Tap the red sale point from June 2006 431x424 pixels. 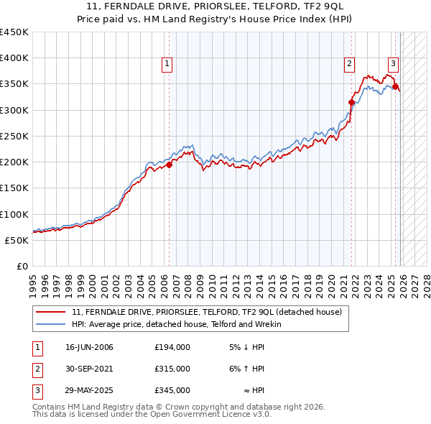170,165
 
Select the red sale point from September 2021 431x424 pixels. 352,102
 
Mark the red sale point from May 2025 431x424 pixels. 395,86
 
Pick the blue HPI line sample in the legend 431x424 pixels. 52,324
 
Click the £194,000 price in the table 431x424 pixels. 172,347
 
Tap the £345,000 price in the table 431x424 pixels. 172,390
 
